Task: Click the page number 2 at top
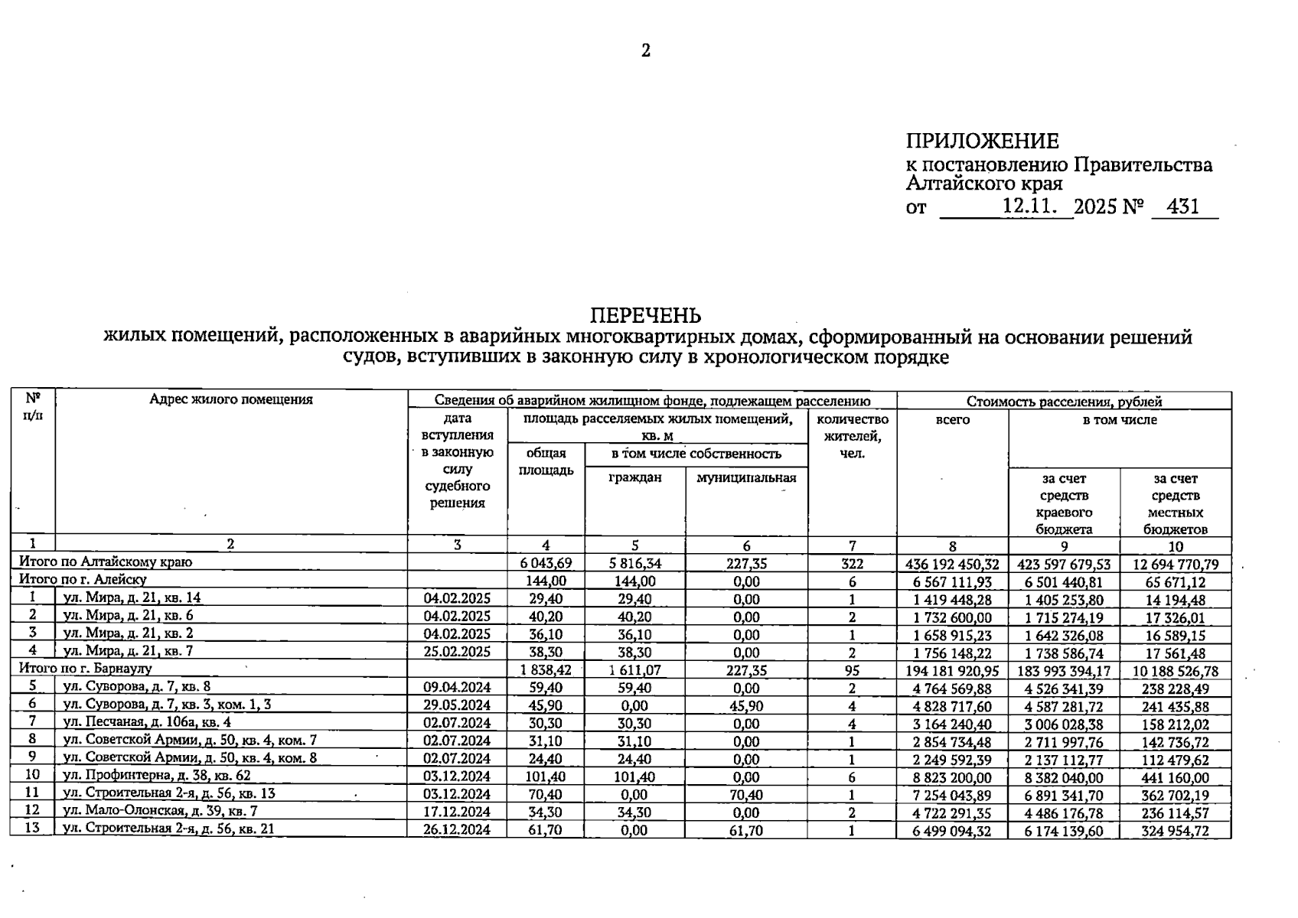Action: click(x=645, y=51)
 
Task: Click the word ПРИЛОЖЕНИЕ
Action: click(x=982, y=142)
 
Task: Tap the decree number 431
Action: click(x=1184, y=207)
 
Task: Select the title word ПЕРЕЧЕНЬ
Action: click(x=645, y=315)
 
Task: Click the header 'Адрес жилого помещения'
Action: click(x=230, y=399)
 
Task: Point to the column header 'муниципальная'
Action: click(x=746, y=478)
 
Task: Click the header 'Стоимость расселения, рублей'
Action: click(x=1064, y=401)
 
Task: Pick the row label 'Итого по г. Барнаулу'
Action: click(x=86, y=669)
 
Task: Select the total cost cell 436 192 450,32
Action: click(x=952, y=565)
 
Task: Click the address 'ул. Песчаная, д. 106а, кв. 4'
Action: click(x=147, y=722)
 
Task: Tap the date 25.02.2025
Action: click(x=457, y=652)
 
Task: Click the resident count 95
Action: click(x=852, y=671)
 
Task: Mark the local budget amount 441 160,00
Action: click(x=1175, y=778)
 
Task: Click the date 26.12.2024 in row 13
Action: click(x=457, y=830)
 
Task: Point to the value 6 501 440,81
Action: click(x=1064, y=582)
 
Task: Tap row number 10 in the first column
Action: click(x=32, y=776)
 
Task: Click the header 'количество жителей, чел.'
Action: click(x=853, y=436)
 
